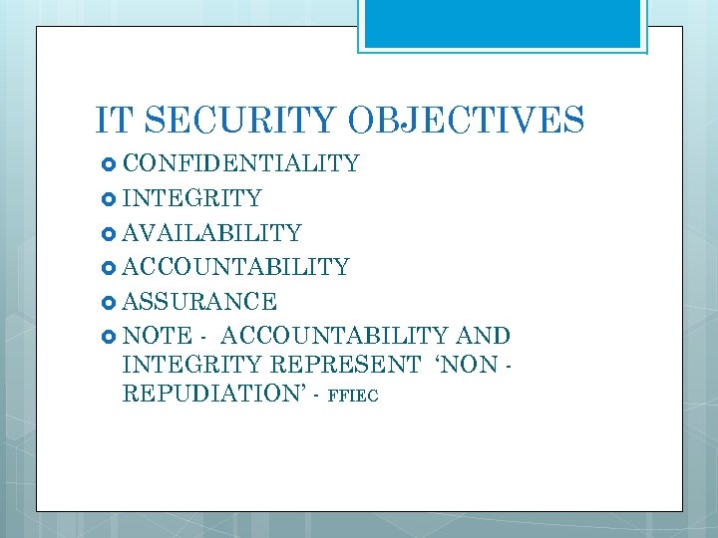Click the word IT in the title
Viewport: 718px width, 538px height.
click(114, 120)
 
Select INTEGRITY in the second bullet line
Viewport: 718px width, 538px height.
click(191, 198)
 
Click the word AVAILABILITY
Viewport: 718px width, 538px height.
click(211, 233)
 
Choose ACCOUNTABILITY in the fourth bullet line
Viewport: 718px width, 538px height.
click(235, 267)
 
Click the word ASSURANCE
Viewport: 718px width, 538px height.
click(199, 301)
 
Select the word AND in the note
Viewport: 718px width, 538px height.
click(482, 336)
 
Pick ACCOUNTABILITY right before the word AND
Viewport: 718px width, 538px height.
click(338, 336)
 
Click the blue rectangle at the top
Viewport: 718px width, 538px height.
click(502, 24)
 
